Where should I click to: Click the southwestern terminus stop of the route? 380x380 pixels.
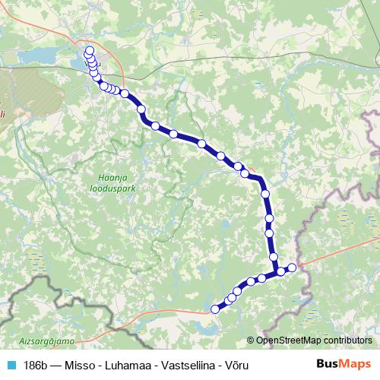click(x=215, y=309)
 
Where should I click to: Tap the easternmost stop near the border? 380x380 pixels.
click(x=292, y=267)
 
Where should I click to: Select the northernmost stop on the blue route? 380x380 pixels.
click(x=90, y=51)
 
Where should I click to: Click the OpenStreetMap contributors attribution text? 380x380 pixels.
click(x=314, y=340)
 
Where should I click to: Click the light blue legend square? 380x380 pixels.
click(x=11, y=365)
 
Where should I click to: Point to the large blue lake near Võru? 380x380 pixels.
click(x=42, y=56)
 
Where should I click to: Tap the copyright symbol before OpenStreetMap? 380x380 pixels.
click(x=252, y=340)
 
